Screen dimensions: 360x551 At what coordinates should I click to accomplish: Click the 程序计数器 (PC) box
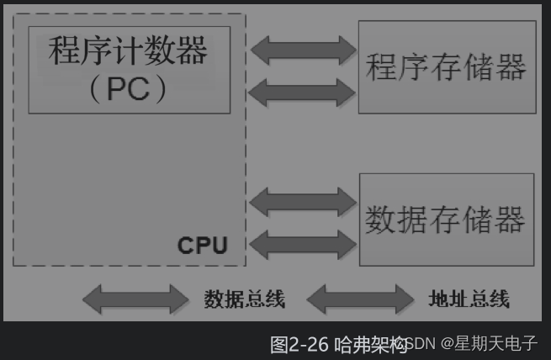[129, 69]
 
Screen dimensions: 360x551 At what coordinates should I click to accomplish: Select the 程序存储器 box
[447, 67]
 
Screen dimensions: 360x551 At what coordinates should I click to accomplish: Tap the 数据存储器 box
[447, 220]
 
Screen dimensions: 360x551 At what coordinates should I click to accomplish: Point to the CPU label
[202, 246]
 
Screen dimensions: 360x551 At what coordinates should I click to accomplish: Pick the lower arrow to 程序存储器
[304, 91]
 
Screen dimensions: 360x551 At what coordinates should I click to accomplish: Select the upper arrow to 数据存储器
[304, 203]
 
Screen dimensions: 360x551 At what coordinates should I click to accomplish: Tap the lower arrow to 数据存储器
[304, 244]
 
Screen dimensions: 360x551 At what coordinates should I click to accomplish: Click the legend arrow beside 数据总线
[135, 299]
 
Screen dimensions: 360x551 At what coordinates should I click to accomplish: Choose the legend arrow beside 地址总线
[360, 299]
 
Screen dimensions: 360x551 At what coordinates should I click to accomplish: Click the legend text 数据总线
[244, 299]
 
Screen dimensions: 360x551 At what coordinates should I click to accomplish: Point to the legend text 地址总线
[469, 299]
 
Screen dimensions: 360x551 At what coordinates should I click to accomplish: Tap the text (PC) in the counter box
[128, 90]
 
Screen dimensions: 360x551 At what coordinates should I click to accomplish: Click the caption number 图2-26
[299, 344]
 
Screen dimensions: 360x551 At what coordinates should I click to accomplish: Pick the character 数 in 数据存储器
[381, 220]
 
